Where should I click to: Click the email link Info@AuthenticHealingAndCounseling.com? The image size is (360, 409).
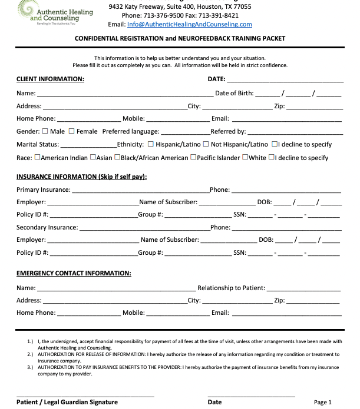(189, 24)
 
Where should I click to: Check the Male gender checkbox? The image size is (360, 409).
(45, 131)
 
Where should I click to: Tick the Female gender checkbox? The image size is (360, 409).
(72, 131)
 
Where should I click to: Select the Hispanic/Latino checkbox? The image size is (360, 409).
(151, 144)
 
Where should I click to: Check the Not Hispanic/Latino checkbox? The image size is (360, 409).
(206, 144)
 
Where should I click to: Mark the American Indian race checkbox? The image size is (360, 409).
(38, 158)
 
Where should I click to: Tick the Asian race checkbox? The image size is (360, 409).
(93, 158)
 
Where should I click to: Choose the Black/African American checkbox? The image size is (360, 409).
(117, 158)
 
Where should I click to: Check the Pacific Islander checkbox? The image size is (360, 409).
(193, 158)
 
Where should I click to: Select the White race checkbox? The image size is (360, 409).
(245, 158)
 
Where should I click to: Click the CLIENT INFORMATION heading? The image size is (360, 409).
(50, 79)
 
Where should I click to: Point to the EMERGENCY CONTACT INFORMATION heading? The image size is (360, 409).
(74, 273)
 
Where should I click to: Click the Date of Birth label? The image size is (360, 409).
(235, 93)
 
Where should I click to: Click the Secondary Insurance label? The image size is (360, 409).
(47, 227)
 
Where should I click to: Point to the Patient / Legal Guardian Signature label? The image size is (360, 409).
(67, 402)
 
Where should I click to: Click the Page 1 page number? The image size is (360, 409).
(323, 403)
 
